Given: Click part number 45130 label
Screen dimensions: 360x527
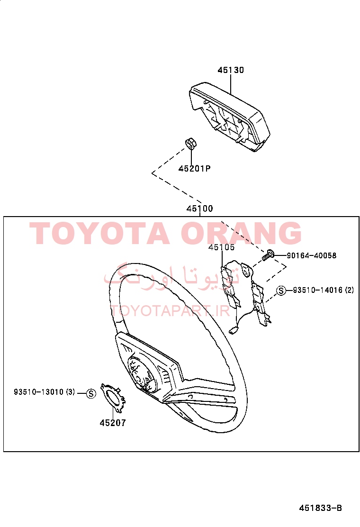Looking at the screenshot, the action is [x=231, y=70].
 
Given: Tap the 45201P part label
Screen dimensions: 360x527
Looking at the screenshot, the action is [x=194, y=168].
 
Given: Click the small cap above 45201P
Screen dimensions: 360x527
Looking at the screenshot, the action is [x=191, y=144].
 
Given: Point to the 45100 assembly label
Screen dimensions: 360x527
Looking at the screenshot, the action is [x=199, y=209].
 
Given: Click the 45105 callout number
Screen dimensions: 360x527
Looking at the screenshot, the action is [x=221, y=247].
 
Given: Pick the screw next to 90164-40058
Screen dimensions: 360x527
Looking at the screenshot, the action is [x=268, y=255].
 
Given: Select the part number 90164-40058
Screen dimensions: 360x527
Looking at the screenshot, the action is [x=311, y=255].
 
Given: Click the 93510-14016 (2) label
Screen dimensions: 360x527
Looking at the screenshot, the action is [x=323, y=290].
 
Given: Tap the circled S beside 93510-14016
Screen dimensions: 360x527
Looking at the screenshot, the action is [x=281, y=291].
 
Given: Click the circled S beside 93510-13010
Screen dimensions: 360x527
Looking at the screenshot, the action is [x=91, y=393].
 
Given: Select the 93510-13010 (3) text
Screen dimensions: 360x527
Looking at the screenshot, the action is [x=45, y=392].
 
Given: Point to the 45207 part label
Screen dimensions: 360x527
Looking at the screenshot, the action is [x=113, y=423].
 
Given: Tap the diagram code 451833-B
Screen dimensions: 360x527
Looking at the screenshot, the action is [x=320, y=508].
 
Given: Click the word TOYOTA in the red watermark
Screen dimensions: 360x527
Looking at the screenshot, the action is [x=100, y=233].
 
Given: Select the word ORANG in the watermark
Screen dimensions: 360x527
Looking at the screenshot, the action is [x=242, y=233].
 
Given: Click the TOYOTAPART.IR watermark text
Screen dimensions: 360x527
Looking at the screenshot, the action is [x=170, y=311].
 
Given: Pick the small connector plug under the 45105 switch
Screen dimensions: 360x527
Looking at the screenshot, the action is [x=234, y=331].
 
